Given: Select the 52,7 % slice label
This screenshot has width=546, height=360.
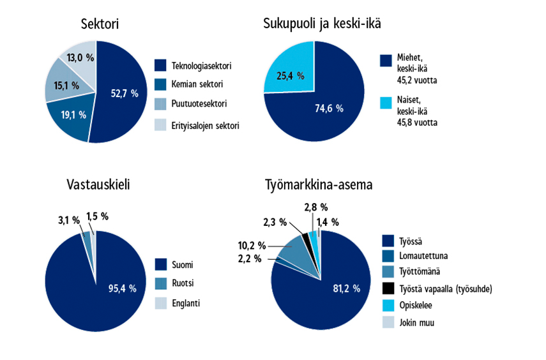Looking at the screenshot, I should (x=125, y=93).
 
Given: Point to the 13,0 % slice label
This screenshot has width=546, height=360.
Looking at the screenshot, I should (x=80, y=58).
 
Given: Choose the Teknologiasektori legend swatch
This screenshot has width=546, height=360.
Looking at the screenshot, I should (x=161, y=65).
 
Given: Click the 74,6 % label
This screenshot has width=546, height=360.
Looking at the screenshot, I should (x=330, y=109).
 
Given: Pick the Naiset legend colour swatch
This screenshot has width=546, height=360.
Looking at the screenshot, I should (x=386, y=102).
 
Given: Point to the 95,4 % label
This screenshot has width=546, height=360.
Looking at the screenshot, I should (x=123, y=289).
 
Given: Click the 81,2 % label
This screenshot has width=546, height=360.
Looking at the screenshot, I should (x=347, y=289).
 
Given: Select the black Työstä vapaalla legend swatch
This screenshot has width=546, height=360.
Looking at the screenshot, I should (x=386, y=289).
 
